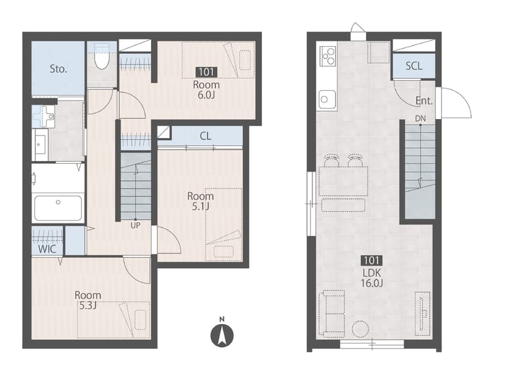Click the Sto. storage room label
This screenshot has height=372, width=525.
58,69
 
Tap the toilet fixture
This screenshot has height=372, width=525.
102,57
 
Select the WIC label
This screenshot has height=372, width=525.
47,249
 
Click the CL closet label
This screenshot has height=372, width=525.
205,136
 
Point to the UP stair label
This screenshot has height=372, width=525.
135,225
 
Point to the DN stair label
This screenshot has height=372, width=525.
420,118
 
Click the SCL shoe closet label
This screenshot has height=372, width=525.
414,66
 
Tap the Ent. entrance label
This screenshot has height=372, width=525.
424,101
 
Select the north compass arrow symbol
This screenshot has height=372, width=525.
222,335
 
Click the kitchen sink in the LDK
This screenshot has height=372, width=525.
327,99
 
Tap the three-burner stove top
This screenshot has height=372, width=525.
327,55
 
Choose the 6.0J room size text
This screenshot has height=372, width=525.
205,95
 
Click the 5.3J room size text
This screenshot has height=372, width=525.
87,306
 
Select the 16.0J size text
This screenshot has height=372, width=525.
371,283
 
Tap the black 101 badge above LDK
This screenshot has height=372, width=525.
371,260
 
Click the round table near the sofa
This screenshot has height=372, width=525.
360,329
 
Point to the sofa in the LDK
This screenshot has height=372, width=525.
332,314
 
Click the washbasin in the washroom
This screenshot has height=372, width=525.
45,116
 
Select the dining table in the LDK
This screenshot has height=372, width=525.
343,181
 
